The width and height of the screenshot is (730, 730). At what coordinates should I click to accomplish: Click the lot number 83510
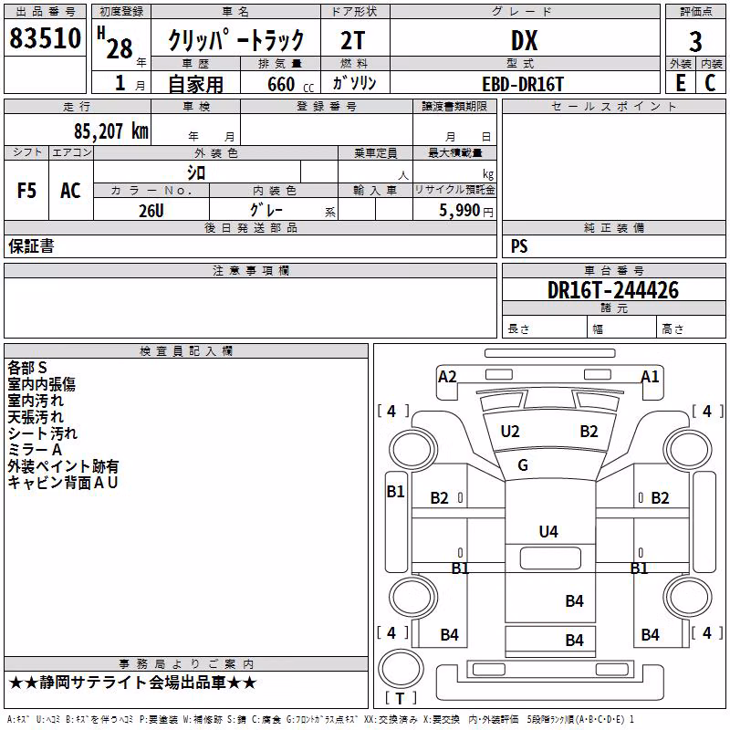tap(45, 38)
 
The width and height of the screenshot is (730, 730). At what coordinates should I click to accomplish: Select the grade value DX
tap(524, 40)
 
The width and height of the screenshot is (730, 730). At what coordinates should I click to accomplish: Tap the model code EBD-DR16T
tap(523, 84)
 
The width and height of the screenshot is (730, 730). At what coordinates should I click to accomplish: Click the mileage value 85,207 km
tap(111, 131)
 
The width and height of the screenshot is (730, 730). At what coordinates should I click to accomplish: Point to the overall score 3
tap(695, 42)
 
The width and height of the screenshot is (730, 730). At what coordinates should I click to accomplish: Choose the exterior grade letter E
tap(681, 83)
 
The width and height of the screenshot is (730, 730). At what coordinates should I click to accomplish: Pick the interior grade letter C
tap(710, 83)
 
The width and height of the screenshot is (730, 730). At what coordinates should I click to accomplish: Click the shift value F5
tap(26, 191)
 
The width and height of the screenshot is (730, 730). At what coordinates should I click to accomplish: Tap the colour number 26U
tap(151, 211)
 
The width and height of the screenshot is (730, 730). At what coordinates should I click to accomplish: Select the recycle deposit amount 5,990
tap(459, 211)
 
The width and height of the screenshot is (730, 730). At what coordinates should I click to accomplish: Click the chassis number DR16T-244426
tap(613, 290)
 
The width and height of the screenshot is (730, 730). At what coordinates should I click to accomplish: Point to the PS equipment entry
tap(519, 246)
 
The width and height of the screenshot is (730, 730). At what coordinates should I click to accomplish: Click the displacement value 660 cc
tap(290, 85)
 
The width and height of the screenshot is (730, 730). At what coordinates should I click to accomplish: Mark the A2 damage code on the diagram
tap(447, 377)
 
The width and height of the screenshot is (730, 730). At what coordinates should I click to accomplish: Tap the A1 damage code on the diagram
tap(650, 377)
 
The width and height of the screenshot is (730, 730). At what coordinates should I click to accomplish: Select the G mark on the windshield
tap(523, 465)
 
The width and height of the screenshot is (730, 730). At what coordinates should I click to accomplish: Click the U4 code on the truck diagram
tap(548, 532)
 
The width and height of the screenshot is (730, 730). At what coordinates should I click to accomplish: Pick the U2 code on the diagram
tap(510, 432)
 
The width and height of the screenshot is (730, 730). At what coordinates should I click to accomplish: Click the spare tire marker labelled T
tap(400, 698)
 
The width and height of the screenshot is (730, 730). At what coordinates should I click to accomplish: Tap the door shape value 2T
tap(353, 41)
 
